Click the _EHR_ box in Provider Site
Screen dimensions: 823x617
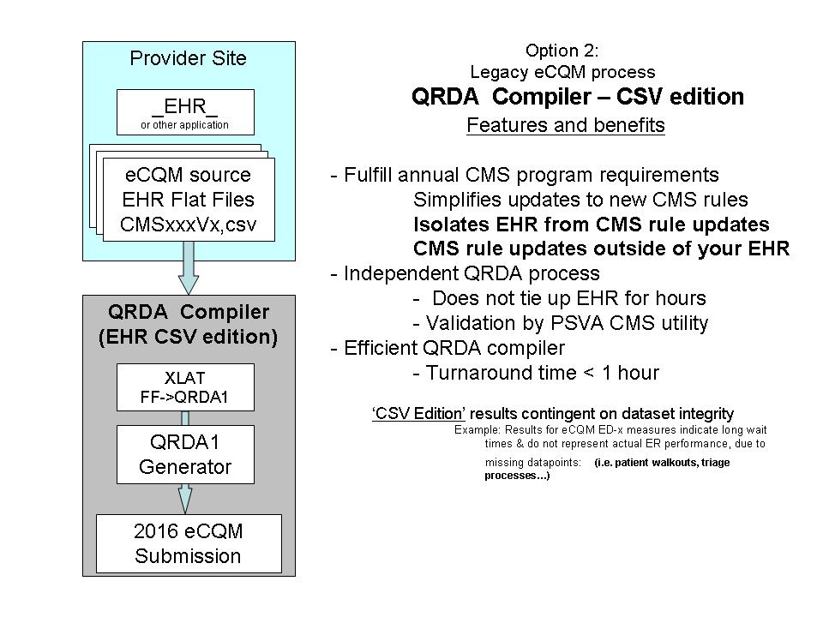point(185,112)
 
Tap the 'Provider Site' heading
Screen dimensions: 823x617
point(188,58)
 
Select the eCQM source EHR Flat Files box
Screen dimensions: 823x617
point(189,200)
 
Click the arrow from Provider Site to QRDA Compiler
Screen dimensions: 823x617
point(188,267)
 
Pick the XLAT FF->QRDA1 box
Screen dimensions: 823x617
point(185,387)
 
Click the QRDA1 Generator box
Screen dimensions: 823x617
point(185,454)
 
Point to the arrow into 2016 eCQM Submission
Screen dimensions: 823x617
point(185,499)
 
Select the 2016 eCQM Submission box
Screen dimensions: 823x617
point(189,543)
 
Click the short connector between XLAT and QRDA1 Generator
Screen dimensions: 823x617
point(185,418)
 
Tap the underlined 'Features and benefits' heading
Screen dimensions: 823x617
point(566,125)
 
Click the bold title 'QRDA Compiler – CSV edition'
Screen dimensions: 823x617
point(578,97)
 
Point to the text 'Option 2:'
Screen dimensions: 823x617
point(562,51)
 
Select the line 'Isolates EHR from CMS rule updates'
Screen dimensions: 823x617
point(592,224)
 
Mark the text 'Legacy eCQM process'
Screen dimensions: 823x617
point(562,72)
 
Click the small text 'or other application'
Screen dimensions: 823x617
point(185,125)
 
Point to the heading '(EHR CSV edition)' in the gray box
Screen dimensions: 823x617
point(188,336)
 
